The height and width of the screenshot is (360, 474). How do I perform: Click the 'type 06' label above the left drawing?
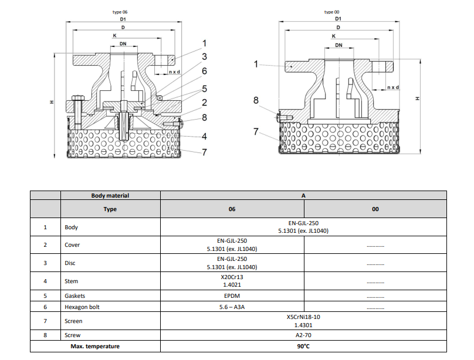119,12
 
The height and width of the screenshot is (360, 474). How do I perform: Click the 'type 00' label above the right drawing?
332,12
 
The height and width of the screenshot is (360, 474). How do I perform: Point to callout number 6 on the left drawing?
204,71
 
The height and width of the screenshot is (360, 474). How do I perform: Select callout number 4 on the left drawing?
204,137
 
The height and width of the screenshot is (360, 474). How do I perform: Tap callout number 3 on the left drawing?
204,57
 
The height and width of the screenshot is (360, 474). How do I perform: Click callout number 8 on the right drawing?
256,100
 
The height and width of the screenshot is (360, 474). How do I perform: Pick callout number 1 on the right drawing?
256,64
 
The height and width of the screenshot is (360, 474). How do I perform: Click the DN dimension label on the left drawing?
122,43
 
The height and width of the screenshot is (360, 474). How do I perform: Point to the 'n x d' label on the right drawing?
392,87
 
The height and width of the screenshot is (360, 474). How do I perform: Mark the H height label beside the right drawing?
418,98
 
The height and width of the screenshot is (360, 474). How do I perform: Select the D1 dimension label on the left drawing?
123,19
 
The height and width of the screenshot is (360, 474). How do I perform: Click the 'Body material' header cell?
110,195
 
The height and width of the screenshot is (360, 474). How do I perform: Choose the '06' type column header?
232,209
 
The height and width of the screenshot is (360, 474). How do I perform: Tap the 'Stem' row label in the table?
71,281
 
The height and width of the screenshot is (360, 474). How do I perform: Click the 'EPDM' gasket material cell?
232,296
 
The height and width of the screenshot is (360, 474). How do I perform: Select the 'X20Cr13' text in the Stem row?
232,277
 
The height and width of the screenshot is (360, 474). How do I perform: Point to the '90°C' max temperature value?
303,347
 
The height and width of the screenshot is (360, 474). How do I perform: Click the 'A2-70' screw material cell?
303,335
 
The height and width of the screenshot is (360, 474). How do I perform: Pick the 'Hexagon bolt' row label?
80,307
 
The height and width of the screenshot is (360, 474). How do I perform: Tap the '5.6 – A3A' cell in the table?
232,307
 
